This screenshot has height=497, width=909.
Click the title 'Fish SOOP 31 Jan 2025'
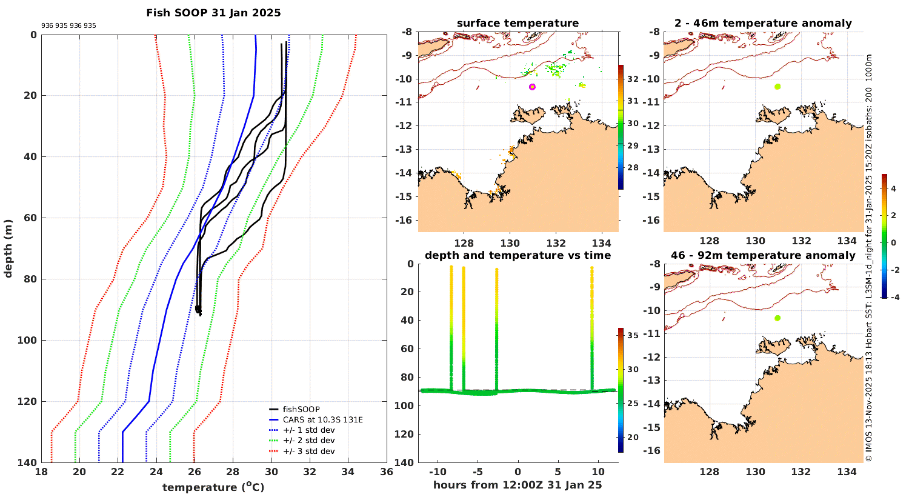(x=213, y=13)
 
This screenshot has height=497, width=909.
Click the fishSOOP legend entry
(x=301, y=409)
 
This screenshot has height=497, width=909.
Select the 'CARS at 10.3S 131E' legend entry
(x=322, y=419)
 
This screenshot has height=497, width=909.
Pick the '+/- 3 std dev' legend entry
(x=308, y=451)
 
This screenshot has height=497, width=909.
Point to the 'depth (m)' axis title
(x=8, y=248)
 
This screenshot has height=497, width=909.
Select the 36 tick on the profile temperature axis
(x=386, y=473)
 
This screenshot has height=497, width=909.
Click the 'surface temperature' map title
(x=518, y=23)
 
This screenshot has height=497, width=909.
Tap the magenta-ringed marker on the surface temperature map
(x=532, y=87)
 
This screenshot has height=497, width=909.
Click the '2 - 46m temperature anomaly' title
(x=763, y=23)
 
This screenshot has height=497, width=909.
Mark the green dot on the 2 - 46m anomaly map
(x=777, y=87)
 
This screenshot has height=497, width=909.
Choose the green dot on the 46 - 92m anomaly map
(x=777, y=318)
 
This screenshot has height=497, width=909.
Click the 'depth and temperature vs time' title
(x=518, y=255)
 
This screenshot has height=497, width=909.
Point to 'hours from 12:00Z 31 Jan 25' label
(x=518, y=484)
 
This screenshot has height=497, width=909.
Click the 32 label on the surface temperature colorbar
(x=633, y=79)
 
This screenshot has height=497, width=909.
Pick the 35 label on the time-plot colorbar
(x=633, y=335)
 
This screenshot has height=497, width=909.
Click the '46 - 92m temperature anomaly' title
(x=763, y=255)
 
